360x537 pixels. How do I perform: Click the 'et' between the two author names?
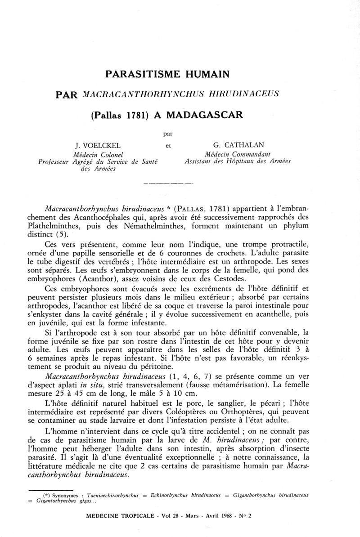(x=168, y=145)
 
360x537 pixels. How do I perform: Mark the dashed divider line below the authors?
(x=167, y=183)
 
